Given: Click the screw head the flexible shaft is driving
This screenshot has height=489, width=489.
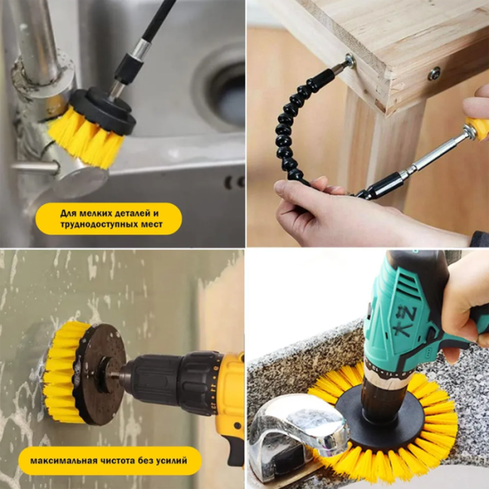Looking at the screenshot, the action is click(x=350, y=60).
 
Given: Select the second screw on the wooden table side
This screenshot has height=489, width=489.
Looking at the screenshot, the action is click(x=434, y=74).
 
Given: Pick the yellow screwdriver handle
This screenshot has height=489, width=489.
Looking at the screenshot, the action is click(x=477, y=127).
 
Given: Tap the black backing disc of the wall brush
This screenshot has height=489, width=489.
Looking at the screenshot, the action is click(x=99, y=373).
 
